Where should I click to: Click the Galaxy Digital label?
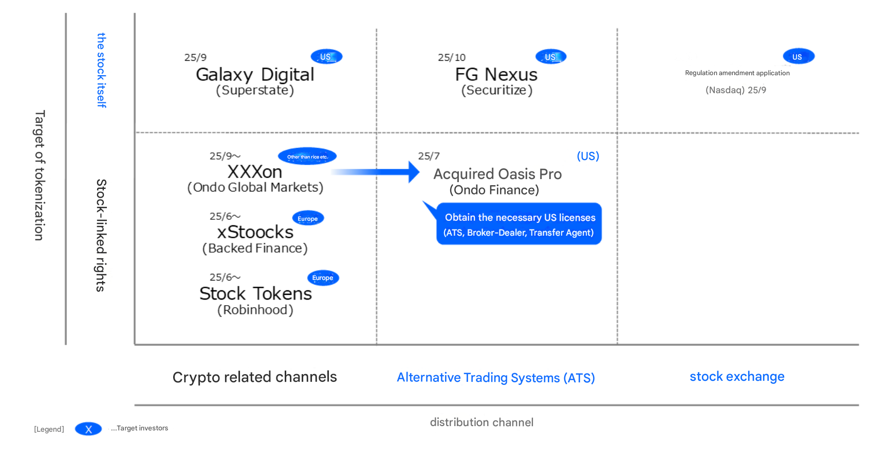(x=255, y=75)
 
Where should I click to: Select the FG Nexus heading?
(x=496, y=75)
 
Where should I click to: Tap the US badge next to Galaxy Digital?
(x=326, y=57)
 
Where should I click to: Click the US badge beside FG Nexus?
(x=550, y=57)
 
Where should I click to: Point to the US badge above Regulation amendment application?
(x=799, y=57)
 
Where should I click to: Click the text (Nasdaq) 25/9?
(x=736, y=91)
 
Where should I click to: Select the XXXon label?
(x=255, y=172)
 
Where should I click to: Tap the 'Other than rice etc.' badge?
(x=307, y=156)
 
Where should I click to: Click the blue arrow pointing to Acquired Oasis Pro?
(x=376, y=172)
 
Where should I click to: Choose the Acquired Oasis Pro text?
(x=497, y=174)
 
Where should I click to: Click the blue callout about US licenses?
(x=518, y=224)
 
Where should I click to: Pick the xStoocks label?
(x=255, y=233)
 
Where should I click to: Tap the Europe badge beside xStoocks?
(x=308, y=219)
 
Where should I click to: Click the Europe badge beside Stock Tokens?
(x=323, y=278)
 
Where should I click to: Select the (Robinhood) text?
(x=255, y=310)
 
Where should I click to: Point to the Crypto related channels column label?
(x=255, y=377)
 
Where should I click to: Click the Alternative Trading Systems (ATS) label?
(x=496, y=378)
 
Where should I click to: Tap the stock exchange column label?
(x=737, y=377)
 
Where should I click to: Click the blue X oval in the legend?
(x=89, y=429)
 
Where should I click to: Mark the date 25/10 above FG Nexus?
(x=452, y=58)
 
